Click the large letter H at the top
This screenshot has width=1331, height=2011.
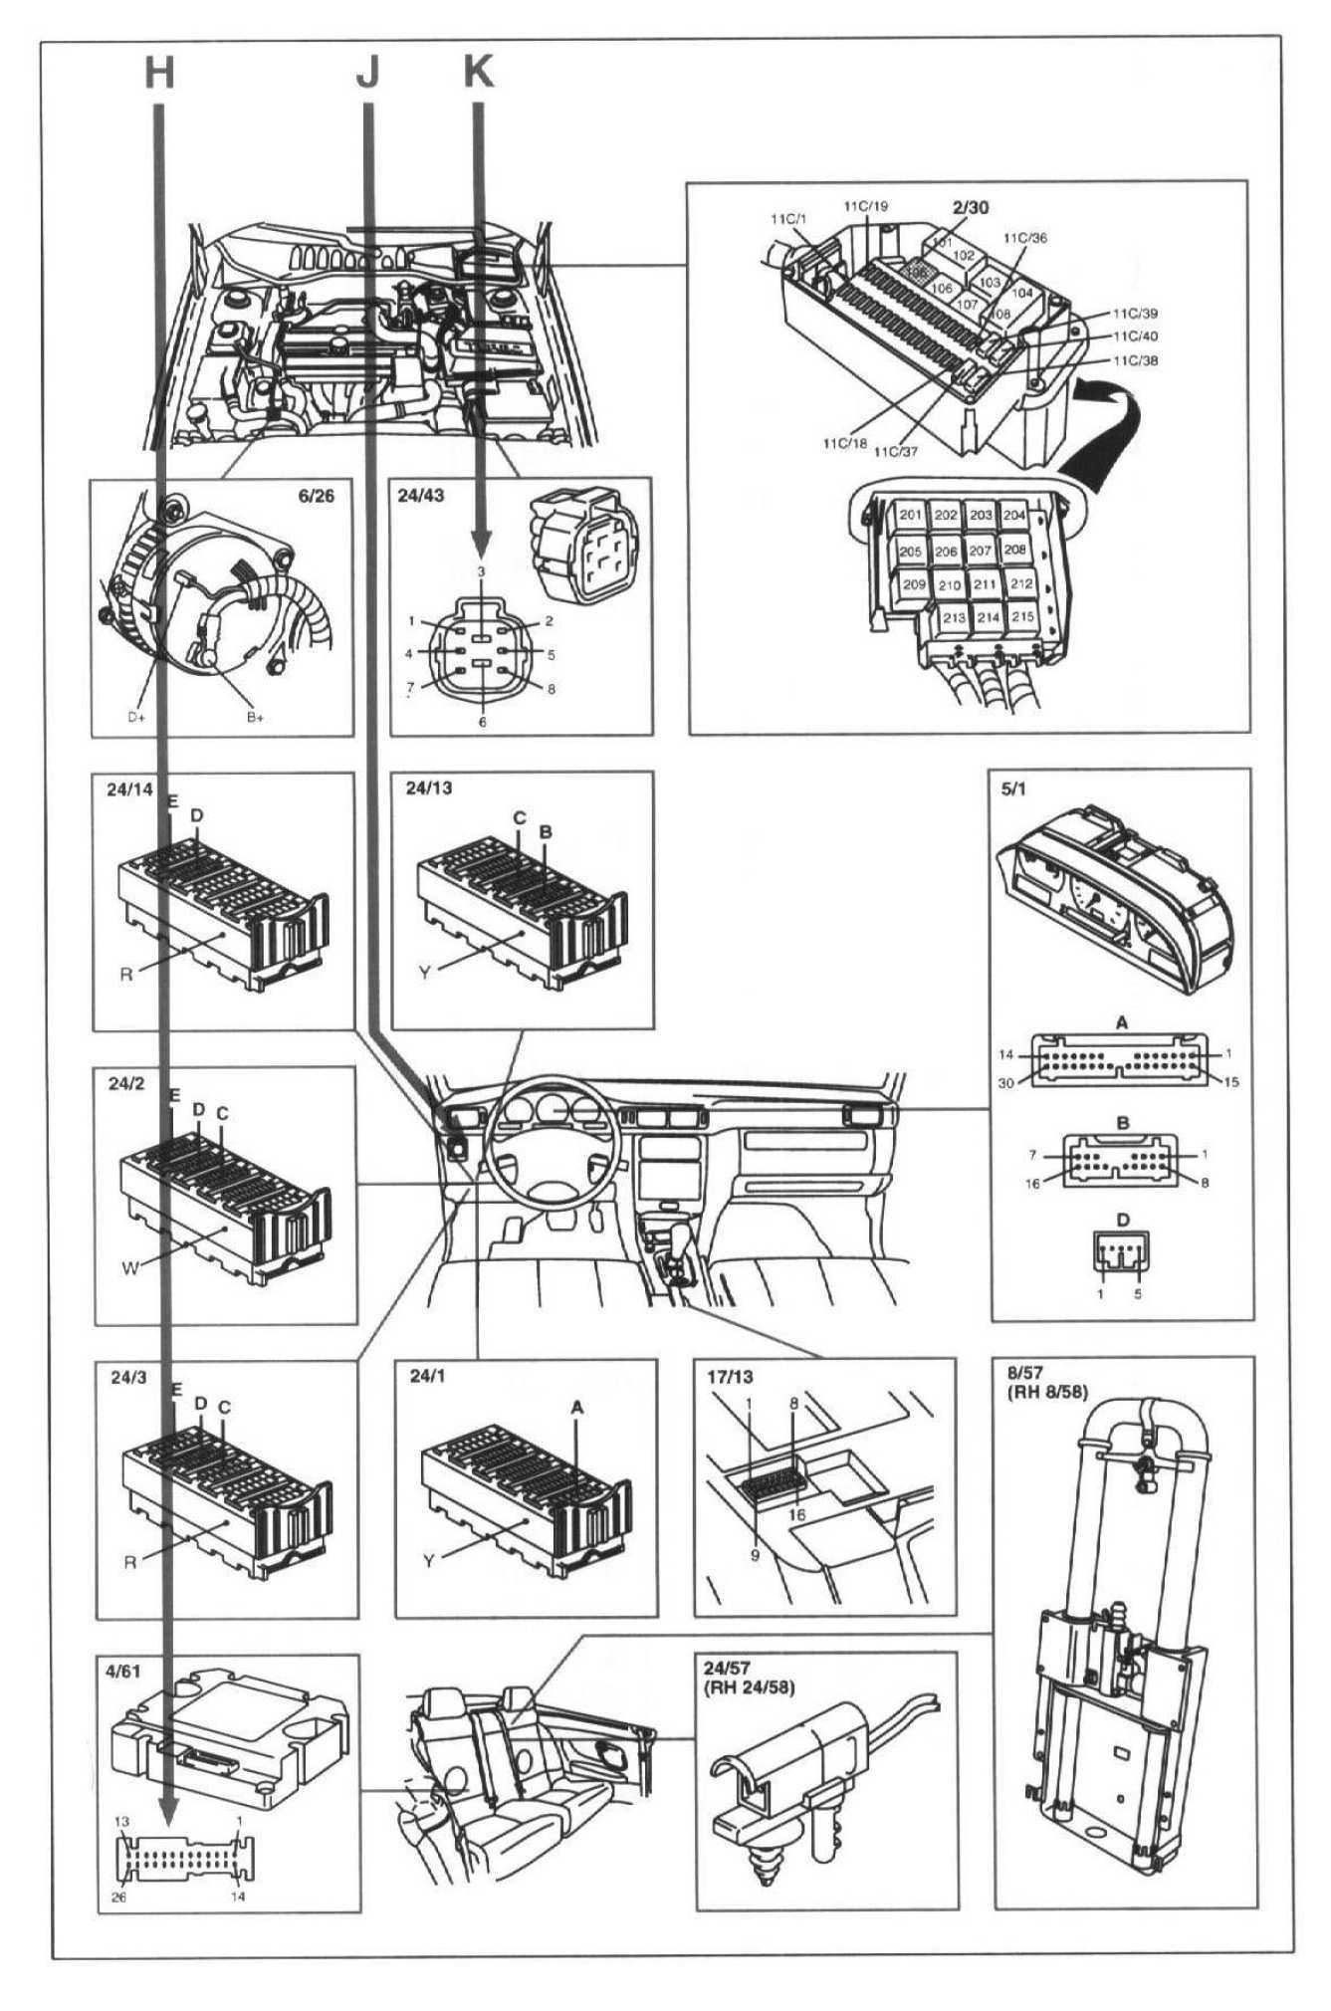(159, 72)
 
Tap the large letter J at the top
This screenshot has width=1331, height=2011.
(368, 74)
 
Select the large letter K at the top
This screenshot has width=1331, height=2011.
(479, 72)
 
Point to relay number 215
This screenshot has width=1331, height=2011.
(1020, 617)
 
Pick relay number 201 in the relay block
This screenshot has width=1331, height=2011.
(910, 515)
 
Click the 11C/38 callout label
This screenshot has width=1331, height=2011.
(1136, 360)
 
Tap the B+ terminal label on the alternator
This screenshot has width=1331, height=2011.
(255, 716)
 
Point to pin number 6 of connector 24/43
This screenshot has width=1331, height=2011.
(483, 722)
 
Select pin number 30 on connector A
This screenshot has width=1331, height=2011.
(1005, 1083)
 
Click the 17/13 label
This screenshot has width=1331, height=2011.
(729, 1377)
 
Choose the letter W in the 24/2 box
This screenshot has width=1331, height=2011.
(129, 1267)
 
